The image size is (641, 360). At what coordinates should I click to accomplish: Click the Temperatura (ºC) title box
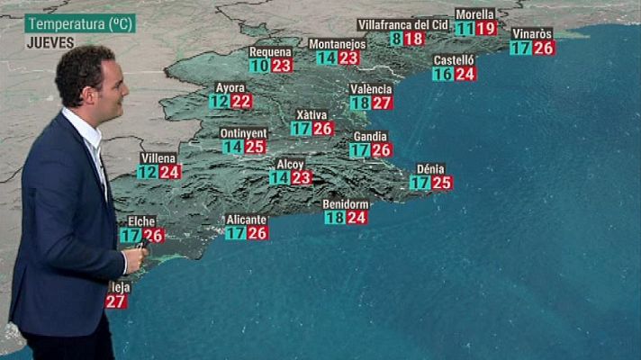80,24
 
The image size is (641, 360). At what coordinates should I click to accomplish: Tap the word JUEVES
50,42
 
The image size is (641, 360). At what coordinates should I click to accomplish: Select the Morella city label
474,14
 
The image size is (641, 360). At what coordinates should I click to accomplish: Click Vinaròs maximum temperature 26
543,48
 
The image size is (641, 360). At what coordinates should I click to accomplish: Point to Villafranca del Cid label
402,24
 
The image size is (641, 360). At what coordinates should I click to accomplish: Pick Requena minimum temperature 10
259,66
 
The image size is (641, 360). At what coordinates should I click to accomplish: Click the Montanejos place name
337,43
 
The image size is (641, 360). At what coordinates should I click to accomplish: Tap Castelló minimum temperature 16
442,75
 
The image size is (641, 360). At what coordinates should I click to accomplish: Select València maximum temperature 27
383,103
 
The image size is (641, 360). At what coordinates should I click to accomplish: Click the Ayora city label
230,87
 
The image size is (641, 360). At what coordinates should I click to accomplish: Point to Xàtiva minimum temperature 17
302,129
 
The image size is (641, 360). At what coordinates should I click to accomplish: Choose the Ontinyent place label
243,133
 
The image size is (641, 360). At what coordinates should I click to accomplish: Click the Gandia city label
370,137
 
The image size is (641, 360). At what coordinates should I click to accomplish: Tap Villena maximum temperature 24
170,172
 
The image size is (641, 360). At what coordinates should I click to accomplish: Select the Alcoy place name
290,165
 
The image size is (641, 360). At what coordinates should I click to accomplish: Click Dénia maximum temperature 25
441,183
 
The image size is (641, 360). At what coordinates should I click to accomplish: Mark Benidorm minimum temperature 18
334,218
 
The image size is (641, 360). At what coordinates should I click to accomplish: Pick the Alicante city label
246,220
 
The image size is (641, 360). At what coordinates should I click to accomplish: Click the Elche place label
141,221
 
